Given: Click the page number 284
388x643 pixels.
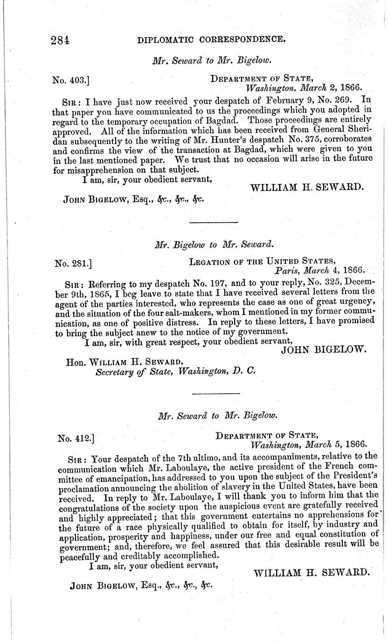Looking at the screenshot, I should pyautogui.click(x=60, y=40).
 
